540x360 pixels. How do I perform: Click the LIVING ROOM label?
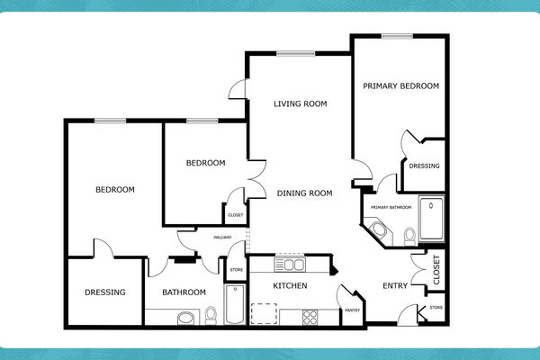(x=300, y=103)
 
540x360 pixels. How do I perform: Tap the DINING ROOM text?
(x=305, y=193)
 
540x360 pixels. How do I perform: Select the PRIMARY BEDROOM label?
(x=400, y=86)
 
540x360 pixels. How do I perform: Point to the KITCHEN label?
(x=290, y=286)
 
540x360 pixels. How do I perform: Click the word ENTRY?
(x=395, y=286)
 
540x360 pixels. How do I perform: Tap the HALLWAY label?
(x=222, y=238)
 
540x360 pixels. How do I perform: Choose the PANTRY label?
(x=352, y=311)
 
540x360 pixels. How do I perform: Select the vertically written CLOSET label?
(x=436, y=270)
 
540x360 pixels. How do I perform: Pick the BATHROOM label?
(x=184, y=292)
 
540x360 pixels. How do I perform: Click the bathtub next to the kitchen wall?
(x=234, y=304)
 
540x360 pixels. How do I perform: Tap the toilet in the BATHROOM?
(x=211, y=316)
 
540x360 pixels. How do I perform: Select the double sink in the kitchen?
(x=293, y=265)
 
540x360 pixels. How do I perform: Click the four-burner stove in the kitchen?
(x=310, y=316)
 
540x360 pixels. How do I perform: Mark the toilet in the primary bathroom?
(x=409, y=237)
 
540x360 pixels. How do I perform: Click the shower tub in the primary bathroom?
(x=432, y=219)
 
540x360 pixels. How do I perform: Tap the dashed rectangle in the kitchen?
(x=264, y=312)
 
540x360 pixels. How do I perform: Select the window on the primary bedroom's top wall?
(x=395, y=36)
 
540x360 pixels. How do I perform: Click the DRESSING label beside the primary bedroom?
(x=424, y=166)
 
